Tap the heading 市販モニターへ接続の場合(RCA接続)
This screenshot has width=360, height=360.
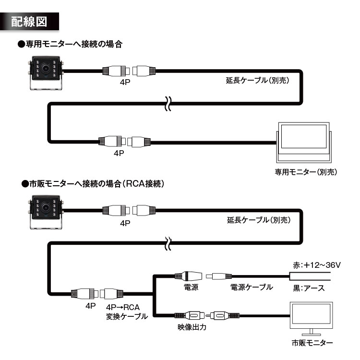pyautogui.click(x=94, y=184)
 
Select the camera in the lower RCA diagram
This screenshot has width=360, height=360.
pyautogui.click(x=46, y=213)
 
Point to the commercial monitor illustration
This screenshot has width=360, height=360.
pyautogui.click(x=312, y=319)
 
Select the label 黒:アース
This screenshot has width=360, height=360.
pyautogui.click(x=309, y=288)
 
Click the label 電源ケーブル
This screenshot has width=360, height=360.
pyautogui.click(x=252, y=287)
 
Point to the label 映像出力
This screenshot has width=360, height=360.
pyautogui.click(x=192, y=329)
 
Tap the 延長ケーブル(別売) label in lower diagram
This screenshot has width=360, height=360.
pyautogui.click(x=257, y=220)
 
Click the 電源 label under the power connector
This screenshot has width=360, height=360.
pyautogui.click(x=191, y=287)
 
